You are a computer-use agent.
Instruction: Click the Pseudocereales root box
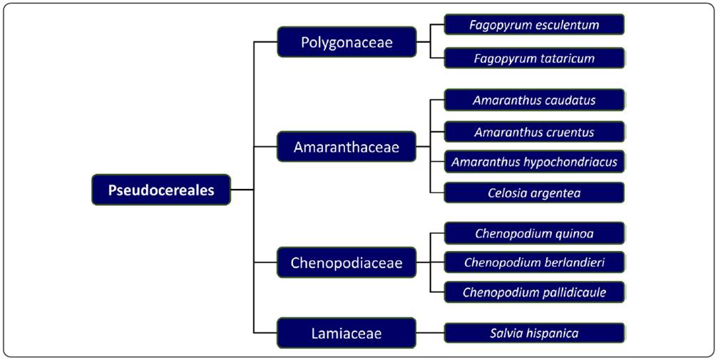point(161,190)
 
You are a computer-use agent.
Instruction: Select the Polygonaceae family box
point(347,42)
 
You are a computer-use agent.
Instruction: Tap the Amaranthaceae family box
point(347,148)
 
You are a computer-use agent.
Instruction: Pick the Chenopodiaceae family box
point(347,263)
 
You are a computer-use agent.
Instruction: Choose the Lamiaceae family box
point(347,333)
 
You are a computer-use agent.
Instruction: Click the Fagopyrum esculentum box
point(534,25)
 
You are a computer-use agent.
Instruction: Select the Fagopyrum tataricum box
point(534,58)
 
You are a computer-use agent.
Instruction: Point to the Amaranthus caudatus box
point(534,100)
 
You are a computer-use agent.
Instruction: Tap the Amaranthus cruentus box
point(534,132)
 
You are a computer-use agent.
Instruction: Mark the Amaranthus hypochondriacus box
point(534,162)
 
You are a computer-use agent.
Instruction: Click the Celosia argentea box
point(534,192)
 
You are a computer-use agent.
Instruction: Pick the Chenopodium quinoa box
point(534,233)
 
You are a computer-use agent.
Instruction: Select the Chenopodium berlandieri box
point(534,262)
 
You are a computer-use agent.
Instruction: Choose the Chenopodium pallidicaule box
point(534,292)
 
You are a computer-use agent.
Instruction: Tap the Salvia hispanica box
point(534,333)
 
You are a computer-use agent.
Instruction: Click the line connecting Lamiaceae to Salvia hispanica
point(430,333)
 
